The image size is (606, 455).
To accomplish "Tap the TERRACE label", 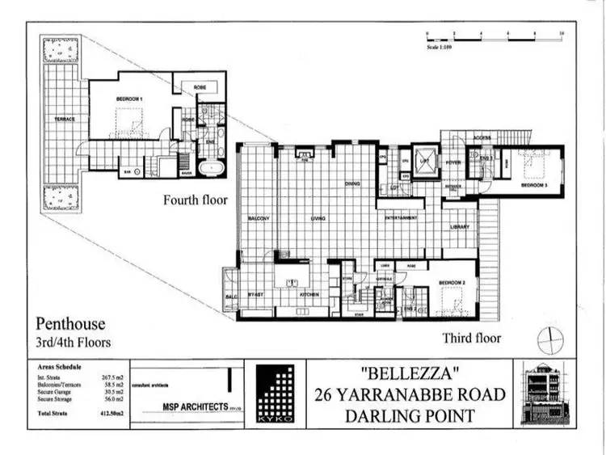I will click(65, 119).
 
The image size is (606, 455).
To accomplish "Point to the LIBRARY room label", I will click(459, 227).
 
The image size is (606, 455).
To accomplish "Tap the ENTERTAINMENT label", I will click(401, 218).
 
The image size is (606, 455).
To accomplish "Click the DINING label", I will click(352, 184).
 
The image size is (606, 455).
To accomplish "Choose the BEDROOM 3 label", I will click(534, 185).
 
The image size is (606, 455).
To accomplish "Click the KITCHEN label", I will click(310, 295).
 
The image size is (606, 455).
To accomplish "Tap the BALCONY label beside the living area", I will click(258, 219).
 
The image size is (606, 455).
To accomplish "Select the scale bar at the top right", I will click(493, 35).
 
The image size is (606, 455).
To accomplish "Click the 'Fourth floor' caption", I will click(194, 200).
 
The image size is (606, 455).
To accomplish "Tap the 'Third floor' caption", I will click(471, 338).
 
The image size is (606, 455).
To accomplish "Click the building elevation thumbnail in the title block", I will click(547, 394).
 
